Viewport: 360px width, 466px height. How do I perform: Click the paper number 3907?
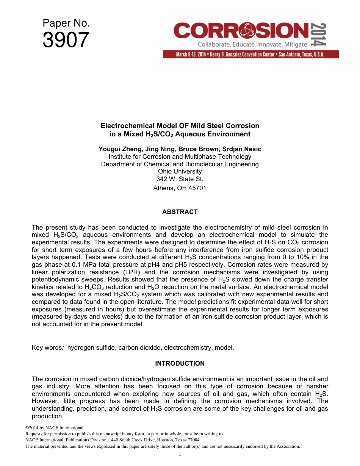click(66, 40)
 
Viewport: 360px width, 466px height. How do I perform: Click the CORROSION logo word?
click(241, 31)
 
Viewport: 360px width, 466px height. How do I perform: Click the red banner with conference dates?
click(251, 54)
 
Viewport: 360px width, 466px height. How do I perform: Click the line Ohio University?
click(180, 171)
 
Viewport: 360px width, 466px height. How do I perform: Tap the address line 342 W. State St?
click(180, 179)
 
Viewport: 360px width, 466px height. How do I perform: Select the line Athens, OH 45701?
click(180, 188)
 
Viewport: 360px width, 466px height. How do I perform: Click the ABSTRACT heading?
click(180, 212)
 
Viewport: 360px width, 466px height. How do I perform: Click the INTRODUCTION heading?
click(180, 363)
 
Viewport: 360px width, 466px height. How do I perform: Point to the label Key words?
click(47, 347)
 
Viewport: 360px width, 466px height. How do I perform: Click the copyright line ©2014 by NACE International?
click(52, 428)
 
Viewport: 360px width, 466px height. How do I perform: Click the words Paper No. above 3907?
click(66, 23)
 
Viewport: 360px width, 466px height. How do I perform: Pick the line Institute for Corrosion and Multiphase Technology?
click(180, 156)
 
